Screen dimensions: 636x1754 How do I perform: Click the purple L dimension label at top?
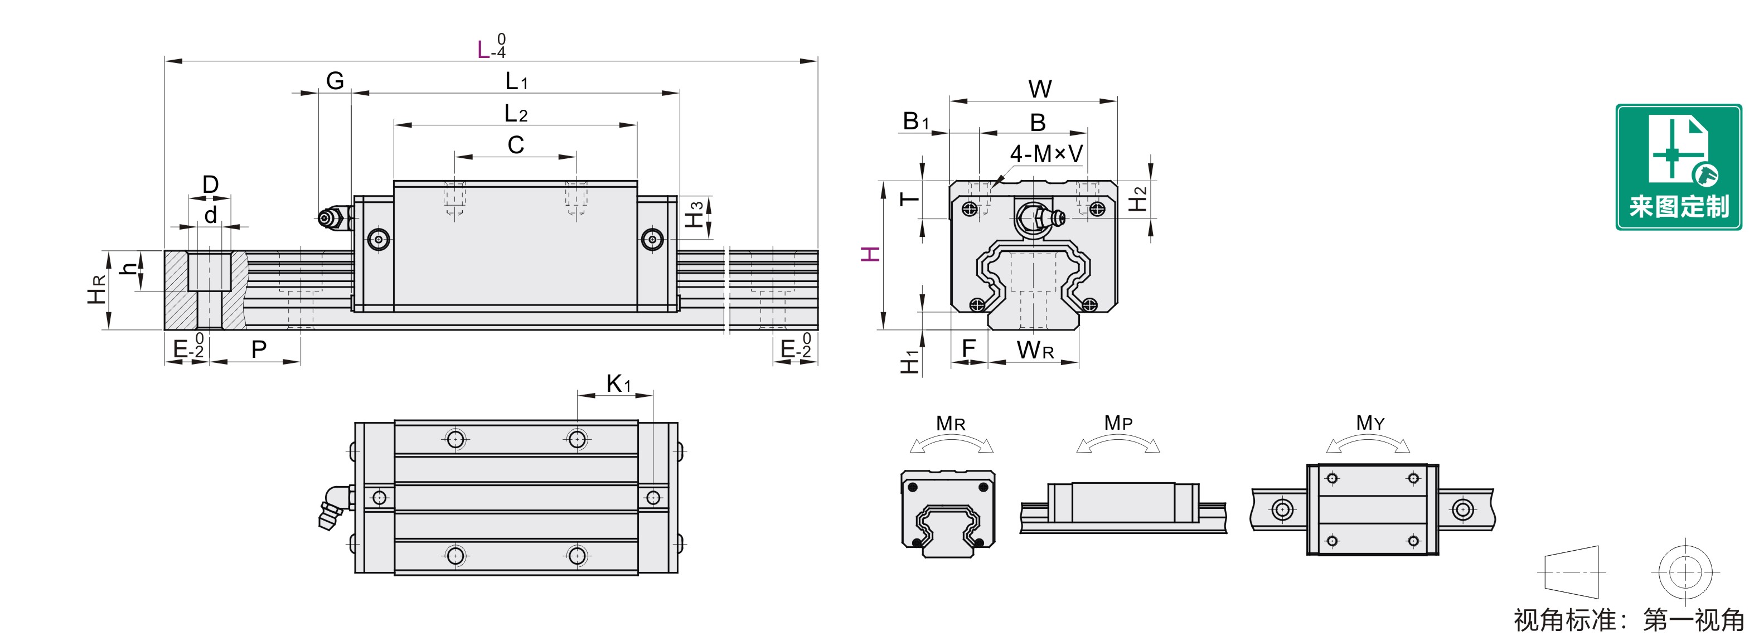(483, 50)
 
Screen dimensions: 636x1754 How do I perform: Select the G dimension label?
(335, 81)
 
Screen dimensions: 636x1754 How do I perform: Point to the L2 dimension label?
(516, 114)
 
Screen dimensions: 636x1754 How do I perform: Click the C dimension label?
(516, 145)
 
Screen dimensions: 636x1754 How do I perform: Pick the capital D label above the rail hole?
(210, 185)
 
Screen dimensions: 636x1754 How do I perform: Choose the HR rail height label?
(96, 289)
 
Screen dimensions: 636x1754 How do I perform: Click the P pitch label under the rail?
(259, 349)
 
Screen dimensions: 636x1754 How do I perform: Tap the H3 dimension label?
(694, 215)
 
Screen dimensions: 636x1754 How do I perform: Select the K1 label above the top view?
(618, 383)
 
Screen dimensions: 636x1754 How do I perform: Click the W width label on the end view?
(1040, 89)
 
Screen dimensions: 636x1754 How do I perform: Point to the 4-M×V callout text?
(1046, 154)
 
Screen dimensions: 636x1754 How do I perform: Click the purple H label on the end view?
(870, 255)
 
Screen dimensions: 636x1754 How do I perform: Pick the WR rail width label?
(1035, 350)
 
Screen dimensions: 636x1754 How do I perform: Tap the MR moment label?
(951, 424)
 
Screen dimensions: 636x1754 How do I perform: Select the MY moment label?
(1370, 423)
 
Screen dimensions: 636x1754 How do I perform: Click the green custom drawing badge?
(1678, 167)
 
